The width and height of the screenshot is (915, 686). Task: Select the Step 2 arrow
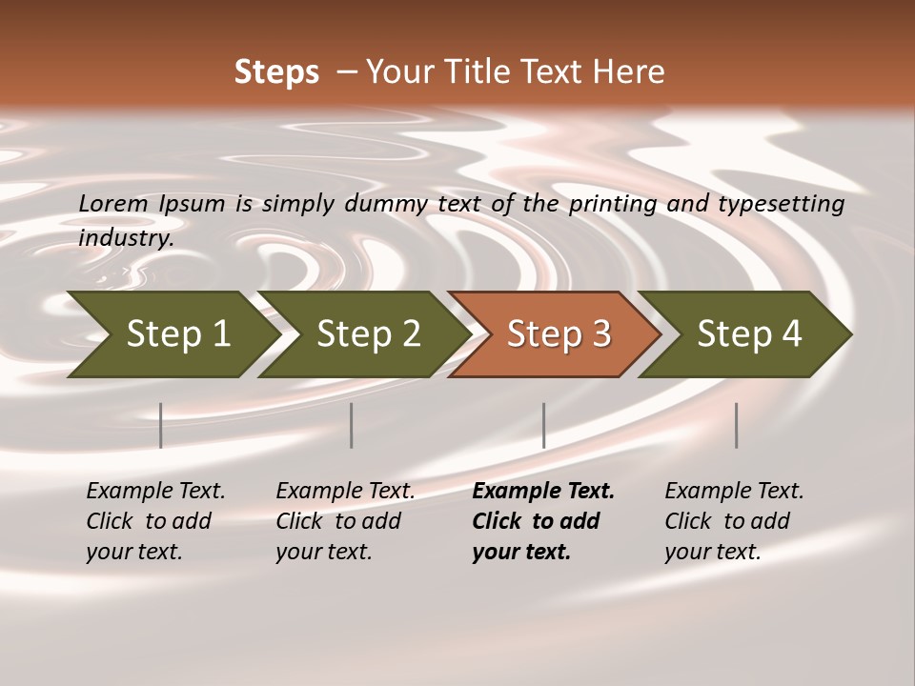(368, 334)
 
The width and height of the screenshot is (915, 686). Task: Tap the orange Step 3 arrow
(559, 334)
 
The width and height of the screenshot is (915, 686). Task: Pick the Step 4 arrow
(749, 334)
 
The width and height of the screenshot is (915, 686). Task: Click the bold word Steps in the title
(276, 72)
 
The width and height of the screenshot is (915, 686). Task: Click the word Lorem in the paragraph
(112, 203)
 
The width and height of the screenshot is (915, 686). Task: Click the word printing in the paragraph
(604, 203)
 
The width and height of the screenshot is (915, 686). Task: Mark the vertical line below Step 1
(161, 425)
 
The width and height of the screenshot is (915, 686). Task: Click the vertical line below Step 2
(352, 425)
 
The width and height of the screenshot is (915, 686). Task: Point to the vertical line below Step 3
(543, 425)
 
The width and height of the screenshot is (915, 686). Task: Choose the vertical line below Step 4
(736, 425)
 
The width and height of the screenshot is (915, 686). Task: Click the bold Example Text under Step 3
(543, 492)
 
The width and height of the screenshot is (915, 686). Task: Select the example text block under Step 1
(155, 521)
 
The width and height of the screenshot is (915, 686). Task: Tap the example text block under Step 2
(345, 521)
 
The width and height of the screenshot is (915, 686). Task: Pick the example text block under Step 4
(734, 521)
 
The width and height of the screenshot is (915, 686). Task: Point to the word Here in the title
(634, 72)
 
